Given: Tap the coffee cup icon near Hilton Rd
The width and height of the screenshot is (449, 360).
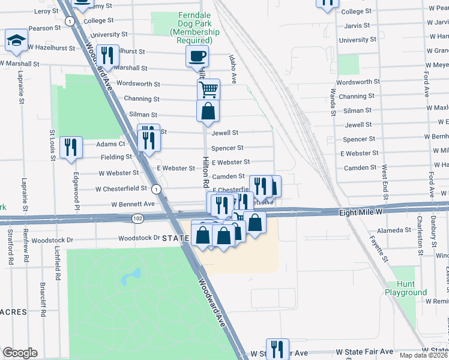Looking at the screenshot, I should coord(197,57).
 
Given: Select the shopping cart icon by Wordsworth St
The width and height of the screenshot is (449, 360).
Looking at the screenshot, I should coord(208,90).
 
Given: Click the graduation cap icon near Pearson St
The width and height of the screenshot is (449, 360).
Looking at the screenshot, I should coord(16,40).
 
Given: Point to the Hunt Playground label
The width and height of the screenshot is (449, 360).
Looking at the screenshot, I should coord(406,289).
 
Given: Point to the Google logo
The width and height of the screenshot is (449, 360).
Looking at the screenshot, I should coord(20,353).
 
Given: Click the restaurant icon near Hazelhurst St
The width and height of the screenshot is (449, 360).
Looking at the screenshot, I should coord(108,55).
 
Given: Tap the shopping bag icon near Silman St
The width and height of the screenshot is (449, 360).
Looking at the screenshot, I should coord(208,111).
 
